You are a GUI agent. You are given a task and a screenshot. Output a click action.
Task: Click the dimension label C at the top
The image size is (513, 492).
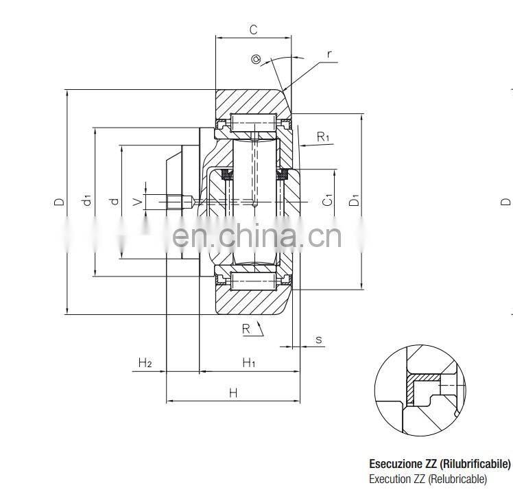pyautogui.click(x=253, y=30)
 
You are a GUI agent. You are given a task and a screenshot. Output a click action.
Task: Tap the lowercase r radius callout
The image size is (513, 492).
pyautogui.click(x=329, y=53)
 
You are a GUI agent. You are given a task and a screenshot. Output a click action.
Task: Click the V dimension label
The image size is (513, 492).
pyautogui.click(x=137, y=201)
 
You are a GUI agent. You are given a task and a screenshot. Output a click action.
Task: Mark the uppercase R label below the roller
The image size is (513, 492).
pyautogui.click(x=246, y=329)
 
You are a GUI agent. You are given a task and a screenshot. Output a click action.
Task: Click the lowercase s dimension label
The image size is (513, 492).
pyautogui.click(x=318, y=339)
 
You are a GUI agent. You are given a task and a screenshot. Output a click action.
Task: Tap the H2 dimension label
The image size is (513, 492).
pyautogui.click(x=145, y=362)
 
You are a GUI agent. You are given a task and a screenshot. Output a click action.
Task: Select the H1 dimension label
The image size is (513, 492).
pyautogui.click(x=248, y=362)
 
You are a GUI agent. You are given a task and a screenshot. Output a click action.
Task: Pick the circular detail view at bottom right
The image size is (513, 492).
pyautogui.click(x=420, y=391)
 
